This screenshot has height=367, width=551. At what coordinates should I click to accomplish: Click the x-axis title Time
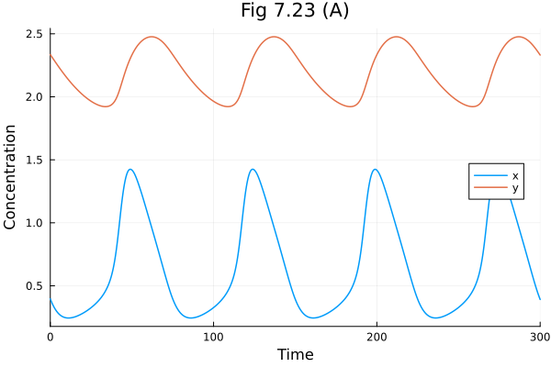[x=295, y=354]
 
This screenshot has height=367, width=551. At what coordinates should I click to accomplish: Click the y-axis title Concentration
[x=11, y=177]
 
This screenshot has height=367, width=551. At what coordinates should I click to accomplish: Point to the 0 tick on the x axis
[x=51, y=337]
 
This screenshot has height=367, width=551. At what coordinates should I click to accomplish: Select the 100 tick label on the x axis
[x=213, y=337]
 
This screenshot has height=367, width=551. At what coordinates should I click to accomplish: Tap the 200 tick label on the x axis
[x=377, y=337]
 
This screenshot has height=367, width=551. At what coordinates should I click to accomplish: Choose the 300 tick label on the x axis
[x=539, y=337]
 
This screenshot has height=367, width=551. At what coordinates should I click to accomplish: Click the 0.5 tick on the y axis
[x=34, y=285]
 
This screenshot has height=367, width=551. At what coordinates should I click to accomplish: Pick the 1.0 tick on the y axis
[x=34, y=223]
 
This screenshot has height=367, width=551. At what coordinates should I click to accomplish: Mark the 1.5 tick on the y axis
[x=34, y=160]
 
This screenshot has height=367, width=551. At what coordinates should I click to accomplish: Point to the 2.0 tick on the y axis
[x=34, y=96]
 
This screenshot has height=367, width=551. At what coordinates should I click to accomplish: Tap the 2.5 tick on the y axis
[x=34, y=34]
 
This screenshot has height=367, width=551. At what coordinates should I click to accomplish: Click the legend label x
[x=515, y=175]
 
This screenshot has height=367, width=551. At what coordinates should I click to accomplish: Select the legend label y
[x=515, y=188]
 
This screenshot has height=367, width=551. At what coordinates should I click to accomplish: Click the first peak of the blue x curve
[x=130, y=169]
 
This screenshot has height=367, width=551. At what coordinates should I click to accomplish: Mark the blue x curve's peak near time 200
[x=375, y=169]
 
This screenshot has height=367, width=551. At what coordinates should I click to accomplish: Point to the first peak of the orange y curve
[x=152, y=37]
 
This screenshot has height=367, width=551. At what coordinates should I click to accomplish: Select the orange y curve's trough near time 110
[x=229, y=106]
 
